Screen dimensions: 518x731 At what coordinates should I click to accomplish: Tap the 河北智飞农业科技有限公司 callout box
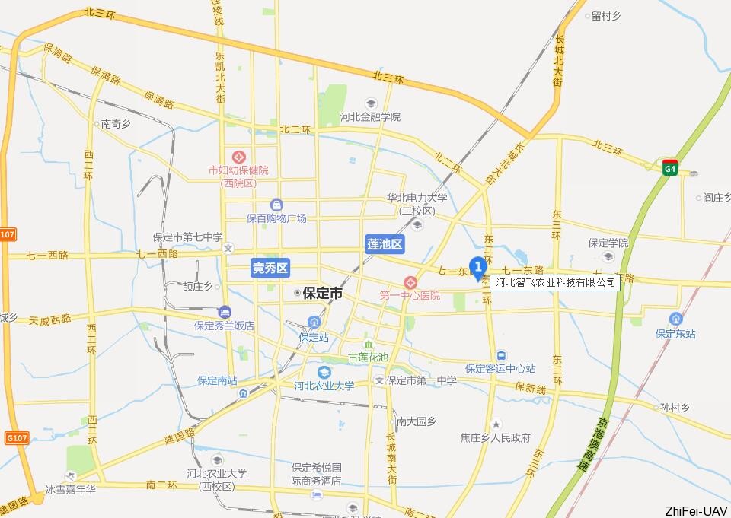555,283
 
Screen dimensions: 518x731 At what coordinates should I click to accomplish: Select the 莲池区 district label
385,244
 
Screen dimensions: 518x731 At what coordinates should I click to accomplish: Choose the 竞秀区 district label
270,267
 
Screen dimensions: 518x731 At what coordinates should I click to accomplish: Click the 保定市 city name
322,293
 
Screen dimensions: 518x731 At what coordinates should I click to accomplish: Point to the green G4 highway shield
669,167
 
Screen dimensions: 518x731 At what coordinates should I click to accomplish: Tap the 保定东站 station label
675,333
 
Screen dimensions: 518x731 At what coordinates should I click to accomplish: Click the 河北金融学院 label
370,117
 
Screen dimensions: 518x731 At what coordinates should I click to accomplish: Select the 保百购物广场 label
276,218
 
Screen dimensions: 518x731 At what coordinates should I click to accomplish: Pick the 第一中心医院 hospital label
410,294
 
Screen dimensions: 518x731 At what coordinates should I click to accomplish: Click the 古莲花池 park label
368,357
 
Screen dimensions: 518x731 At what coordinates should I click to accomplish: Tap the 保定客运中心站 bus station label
500,368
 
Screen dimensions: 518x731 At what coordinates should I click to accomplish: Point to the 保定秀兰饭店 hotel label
224,325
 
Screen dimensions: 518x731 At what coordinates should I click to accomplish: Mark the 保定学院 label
608,243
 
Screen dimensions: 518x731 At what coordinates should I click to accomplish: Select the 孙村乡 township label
674,408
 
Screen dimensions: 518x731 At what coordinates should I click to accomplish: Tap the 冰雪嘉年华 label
71,490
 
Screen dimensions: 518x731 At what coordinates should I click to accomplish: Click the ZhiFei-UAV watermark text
696,510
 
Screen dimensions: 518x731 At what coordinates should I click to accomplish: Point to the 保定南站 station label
217,380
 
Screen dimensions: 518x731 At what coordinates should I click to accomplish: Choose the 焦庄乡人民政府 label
495,437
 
